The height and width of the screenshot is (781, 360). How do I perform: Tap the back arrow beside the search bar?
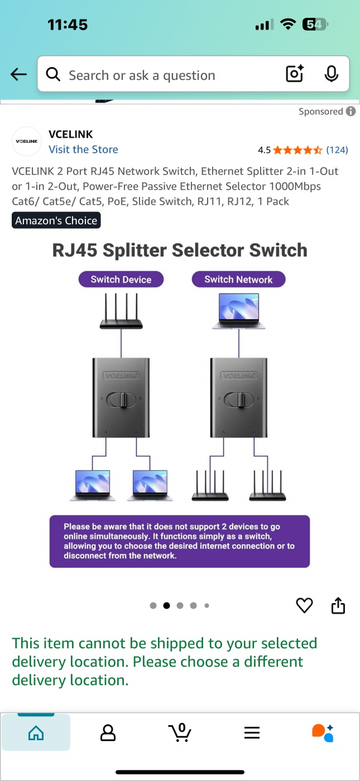(x=18, y=75)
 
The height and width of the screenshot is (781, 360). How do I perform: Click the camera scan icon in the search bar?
(x=294, y=74)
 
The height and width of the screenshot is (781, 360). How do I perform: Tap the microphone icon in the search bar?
(x=331, y=74)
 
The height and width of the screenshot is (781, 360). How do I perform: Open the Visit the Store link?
(x=83, y=150)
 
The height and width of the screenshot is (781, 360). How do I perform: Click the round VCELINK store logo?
(x=27, y=142)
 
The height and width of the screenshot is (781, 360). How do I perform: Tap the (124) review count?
(x=337, y=150)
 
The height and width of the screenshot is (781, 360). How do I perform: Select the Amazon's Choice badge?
(x=56, y=220)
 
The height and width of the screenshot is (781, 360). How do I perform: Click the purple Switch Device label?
(x=121, y=279)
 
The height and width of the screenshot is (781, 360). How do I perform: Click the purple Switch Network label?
(x=238, y=279)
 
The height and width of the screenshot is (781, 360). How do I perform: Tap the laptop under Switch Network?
(x=238, y=312)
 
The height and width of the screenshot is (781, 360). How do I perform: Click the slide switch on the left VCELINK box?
(x=121, y=399)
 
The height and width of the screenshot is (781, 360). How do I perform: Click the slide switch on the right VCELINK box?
(x=239, y=399)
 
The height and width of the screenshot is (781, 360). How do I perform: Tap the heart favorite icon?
(x=304, y=605)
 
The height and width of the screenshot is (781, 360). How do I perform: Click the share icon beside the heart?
(x=338, y=605)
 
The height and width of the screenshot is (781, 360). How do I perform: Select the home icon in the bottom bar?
(x=36, y=732)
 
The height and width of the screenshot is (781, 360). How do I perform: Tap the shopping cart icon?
(x=180, y=732)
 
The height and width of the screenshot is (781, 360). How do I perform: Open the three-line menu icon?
(x=252, y=732)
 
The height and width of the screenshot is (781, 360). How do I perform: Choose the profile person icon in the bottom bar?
(x=108, y=732)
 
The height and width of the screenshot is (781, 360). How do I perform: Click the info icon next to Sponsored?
(x=351, y=112)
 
